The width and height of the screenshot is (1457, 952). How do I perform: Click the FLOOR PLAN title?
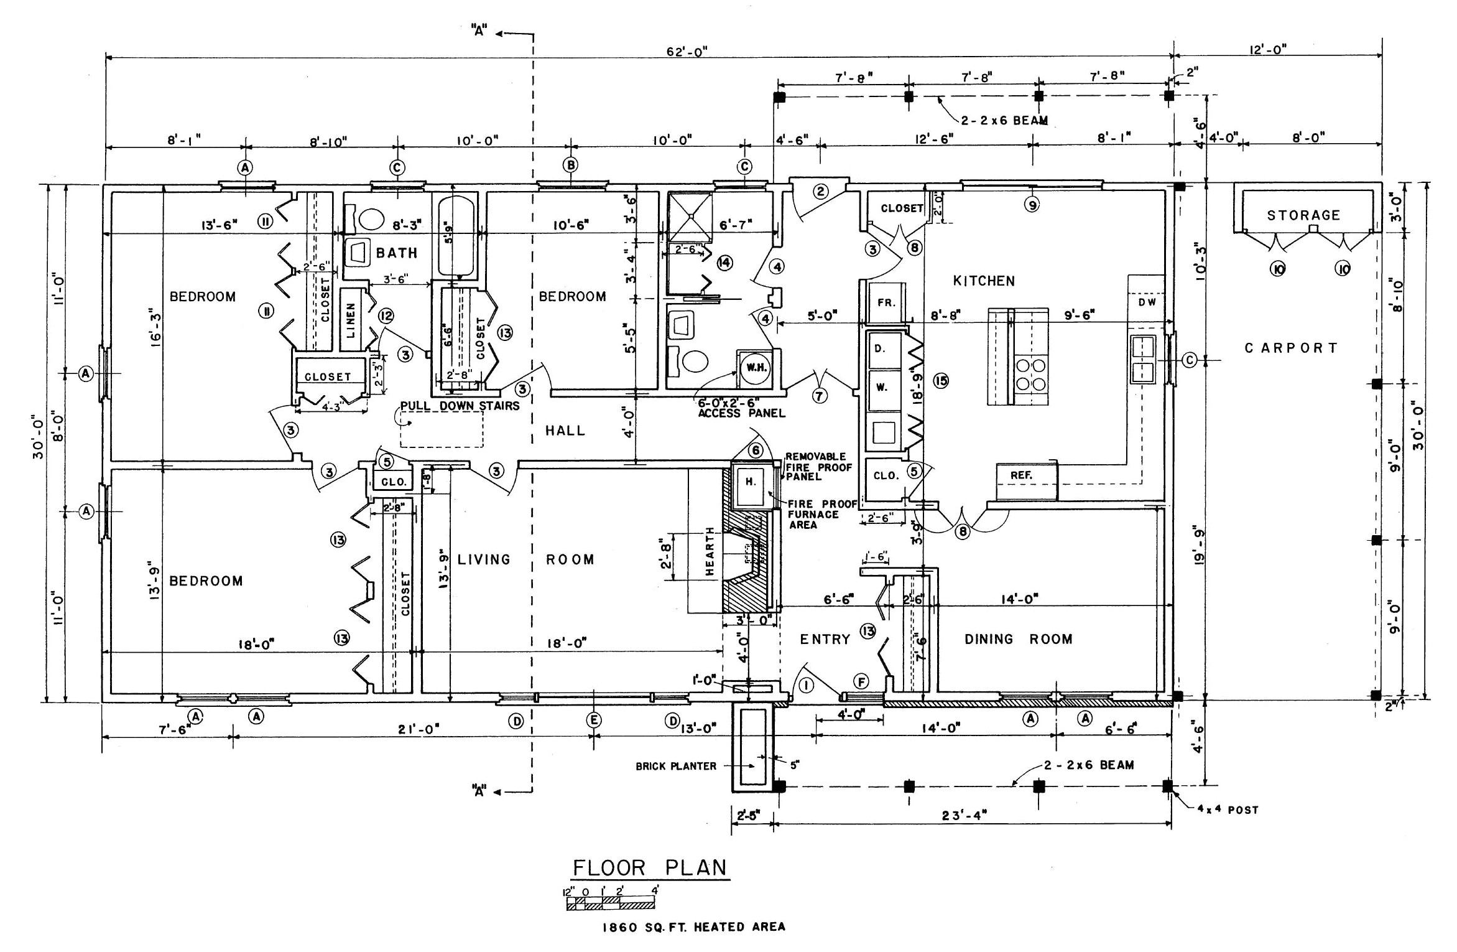649,867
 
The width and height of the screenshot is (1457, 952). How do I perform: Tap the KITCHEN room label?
984,281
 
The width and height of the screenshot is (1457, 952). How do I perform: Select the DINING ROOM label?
1018,639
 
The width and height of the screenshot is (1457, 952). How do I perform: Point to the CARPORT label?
1291,348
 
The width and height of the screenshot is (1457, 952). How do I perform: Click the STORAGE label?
1303,215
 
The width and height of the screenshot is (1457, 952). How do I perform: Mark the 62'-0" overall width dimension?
687,52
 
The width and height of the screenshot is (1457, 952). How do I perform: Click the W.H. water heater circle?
758,368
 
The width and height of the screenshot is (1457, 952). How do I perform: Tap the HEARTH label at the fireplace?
710,551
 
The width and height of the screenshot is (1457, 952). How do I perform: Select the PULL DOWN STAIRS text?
460,406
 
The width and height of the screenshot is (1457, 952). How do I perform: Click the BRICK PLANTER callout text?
676,767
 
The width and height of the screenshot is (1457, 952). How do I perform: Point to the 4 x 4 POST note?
1228,810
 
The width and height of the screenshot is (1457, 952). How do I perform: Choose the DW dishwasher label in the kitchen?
1147,302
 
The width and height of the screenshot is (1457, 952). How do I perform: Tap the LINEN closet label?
351,320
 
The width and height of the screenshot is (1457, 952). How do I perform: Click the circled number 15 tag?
940,381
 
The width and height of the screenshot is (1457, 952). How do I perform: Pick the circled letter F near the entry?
862,683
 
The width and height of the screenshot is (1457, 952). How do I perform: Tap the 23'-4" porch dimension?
964,815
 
